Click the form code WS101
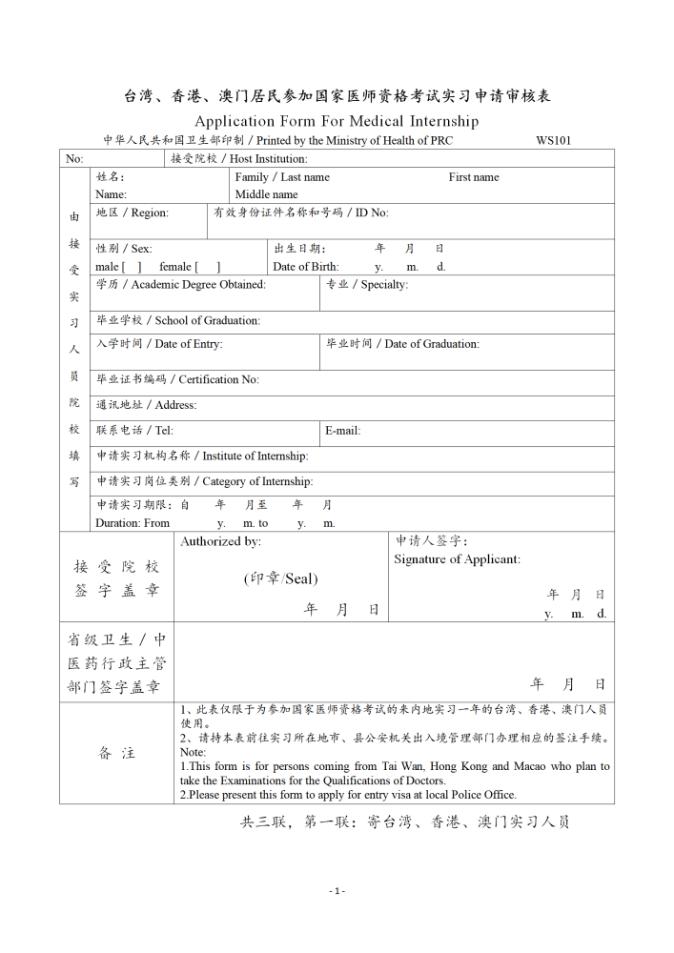pos(553,140)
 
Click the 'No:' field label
pos(74,159)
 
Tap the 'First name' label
pos(474,177)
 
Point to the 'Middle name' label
pos(266,194)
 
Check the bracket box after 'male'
pos(132,267)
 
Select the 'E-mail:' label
pos(343,431)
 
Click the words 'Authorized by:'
pos(221,541)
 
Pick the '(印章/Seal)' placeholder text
pos(280,578)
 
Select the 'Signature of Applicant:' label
pos(458,559)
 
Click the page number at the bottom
pos(337,891)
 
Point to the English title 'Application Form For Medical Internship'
pos(337,121)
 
